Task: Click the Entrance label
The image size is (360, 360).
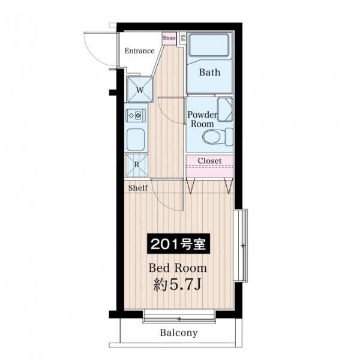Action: point(139,51)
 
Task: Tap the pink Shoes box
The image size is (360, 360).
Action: point(169,38)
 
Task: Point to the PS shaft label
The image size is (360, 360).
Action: point(183,38)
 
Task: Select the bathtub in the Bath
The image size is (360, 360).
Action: point(209,45)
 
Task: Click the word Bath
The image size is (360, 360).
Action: point(209,73)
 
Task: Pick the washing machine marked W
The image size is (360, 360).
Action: point(140,89)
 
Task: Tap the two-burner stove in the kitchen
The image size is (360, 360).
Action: point(136,115)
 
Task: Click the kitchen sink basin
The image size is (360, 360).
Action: point(136,140)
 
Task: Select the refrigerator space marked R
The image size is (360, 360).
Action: point(137,164)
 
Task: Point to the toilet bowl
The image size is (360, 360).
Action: point(211,137)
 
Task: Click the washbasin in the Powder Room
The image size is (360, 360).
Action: point(225,109)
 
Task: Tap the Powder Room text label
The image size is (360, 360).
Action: point(202,119)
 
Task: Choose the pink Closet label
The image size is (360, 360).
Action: point(209,161)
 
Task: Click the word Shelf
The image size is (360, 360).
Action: point(138,188)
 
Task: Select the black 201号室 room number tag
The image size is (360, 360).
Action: point(178,244)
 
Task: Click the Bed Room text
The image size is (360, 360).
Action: point(178,268)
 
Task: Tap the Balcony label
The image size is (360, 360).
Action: point(179,332)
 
